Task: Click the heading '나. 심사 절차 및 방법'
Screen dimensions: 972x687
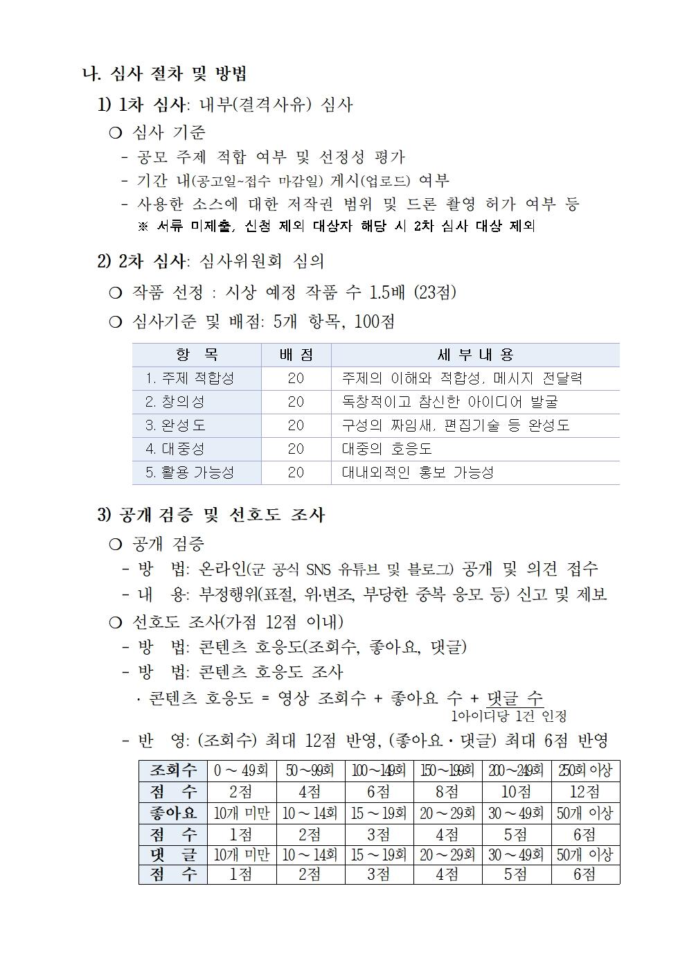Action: [x=165, y=73]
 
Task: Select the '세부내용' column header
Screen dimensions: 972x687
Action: [x=475, y=355]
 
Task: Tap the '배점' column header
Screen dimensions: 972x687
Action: [x=296, y=355]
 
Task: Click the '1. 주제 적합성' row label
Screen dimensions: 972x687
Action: [x=189, y=378]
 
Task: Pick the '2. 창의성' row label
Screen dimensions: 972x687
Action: [x=175, y=402]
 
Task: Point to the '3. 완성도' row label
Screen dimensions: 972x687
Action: [x=175, y=425]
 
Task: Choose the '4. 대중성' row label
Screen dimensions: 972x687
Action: [x=175, y=449]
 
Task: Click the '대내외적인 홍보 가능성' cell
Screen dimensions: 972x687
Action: [x=418, y=472]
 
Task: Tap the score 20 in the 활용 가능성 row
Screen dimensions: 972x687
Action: [x=296, y=472]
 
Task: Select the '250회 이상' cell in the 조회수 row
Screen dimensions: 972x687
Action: [x=585, y=770]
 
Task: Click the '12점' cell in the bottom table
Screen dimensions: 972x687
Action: [x=585, y=791]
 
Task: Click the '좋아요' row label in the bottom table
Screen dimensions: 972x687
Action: [x=173, y=813]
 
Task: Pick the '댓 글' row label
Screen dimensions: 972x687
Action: [x=173, y=855]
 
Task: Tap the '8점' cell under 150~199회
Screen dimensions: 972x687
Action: [x=447, y=791]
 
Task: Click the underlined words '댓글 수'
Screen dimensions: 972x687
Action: [x=515, y=698]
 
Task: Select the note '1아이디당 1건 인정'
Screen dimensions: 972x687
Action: [x=508, y=716]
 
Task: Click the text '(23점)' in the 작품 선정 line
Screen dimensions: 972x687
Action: [x=435, y=292]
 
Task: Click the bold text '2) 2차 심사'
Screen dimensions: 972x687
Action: [x=141, y=261]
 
